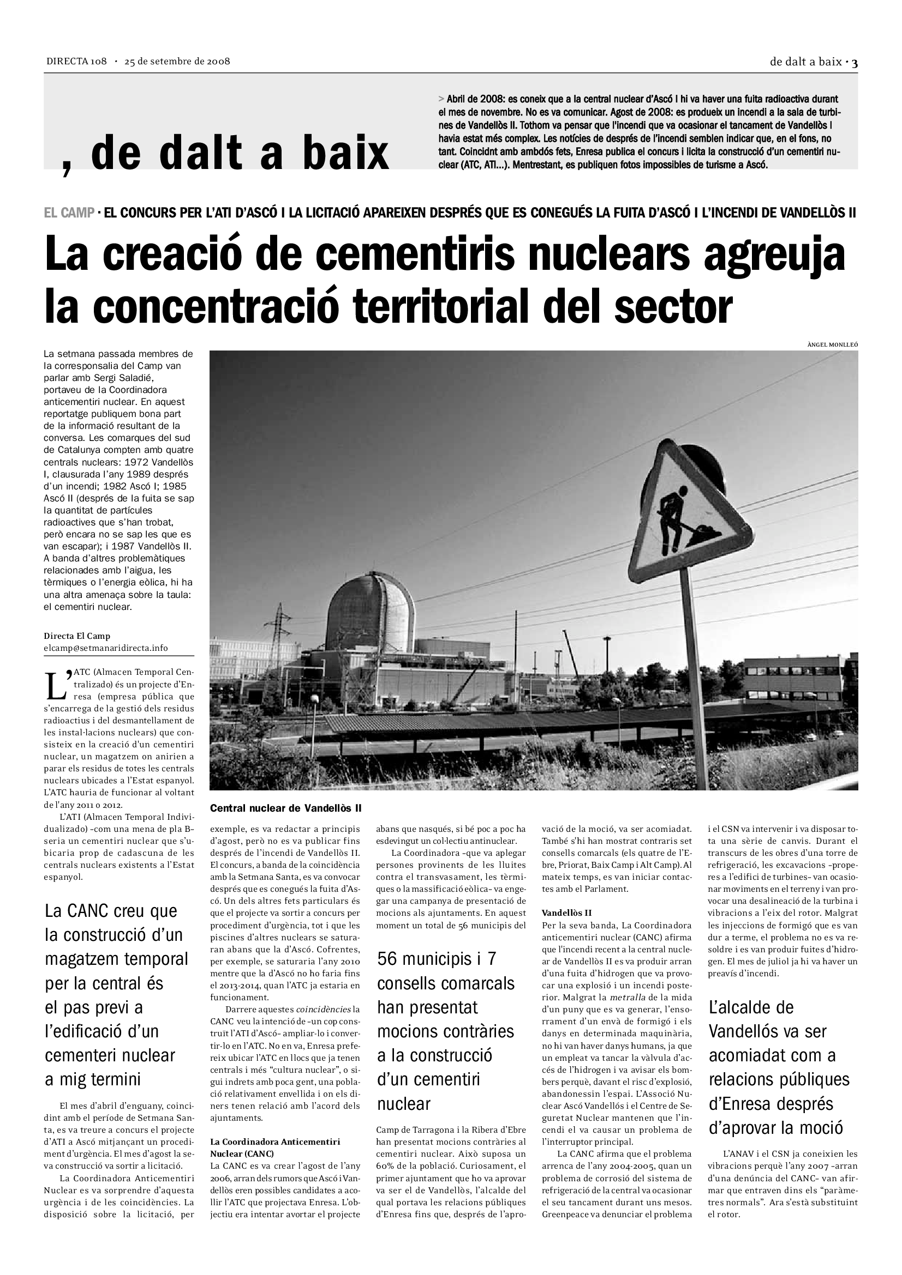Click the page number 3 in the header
(855, 63)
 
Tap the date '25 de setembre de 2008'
(177, 61)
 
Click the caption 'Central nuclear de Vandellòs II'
(286, 808)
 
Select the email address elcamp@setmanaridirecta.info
(106, 648)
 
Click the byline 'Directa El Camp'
(77, 636)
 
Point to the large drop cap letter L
(57, 686)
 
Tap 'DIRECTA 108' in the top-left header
(76, 61)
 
